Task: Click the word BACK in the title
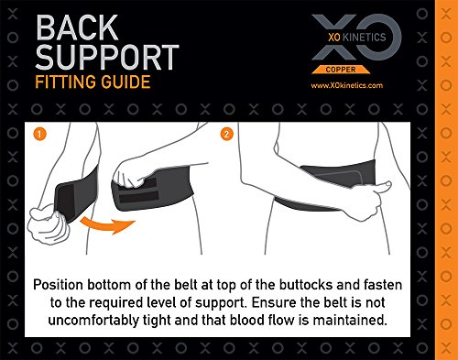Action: (x=77, y=27)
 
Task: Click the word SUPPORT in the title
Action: (x=107, y=57)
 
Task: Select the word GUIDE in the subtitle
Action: (x=126, y=82)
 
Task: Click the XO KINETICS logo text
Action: (x=357, y=38)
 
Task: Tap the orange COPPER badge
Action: (x=341, y=70)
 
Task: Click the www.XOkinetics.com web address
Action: (x=347, y=85)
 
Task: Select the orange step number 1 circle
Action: (x=40, y=134)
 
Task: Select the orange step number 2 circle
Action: (x=226, y=134)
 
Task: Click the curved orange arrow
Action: (x=107, y=225)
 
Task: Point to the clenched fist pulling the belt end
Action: (x=48, y=224)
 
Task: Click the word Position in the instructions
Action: (x=58, y=285)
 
